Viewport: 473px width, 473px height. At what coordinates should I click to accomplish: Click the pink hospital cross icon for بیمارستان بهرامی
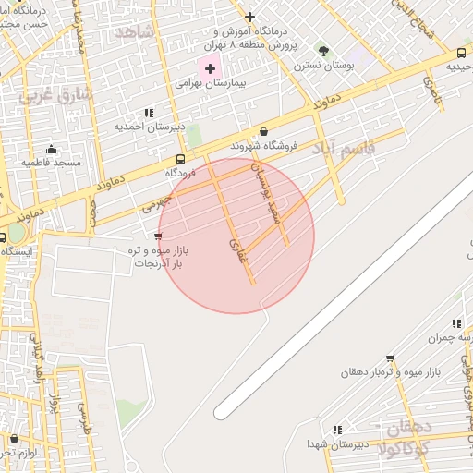point(210,68)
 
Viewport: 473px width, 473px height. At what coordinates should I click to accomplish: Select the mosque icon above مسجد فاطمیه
point(51,150)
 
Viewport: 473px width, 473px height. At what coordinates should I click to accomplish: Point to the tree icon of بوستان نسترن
point(322,50)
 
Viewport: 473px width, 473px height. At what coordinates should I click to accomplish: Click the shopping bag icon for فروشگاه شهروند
point(264,131)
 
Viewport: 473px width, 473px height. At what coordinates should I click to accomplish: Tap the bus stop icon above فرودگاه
point(179,158)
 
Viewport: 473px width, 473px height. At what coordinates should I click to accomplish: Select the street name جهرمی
point(157,200)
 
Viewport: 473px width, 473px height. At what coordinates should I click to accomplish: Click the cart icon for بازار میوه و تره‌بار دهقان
point(390,358)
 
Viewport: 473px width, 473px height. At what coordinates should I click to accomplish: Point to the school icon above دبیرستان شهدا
point(337,430)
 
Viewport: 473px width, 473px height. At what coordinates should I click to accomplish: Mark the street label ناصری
point(431,89)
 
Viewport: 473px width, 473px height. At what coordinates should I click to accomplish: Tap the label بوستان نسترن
point(320,66)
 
